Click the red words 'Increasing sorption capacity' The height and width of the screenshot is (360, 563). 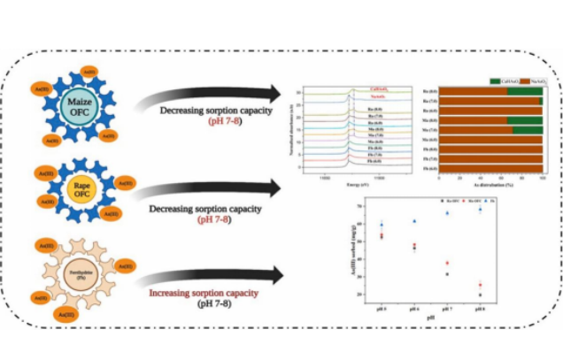coord(204,292)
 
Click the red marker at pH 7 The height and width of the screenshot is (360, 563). coord(447,263)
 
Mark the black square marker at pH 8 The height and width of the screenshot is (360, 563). coord(480,295)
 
